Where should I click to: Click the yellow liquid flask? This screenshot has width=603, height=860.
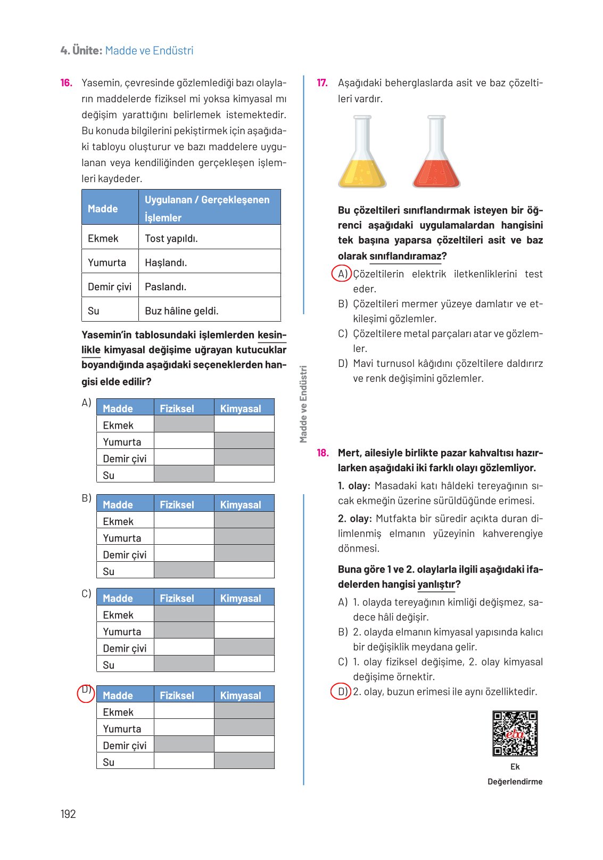pyautogui.click(x=362, y=153)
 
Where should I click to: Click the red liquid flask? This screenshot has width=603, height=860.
pyautogui.click(x=436, y=153)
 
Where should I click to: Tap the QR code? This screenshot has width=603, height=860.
pyautogui.click(x=515, y=733)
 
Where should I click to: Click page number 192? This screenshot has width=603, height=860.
pyautogui.click(x=68, y=814)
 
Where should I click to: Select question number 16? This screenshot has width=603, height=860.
pyautogui.click(x=66, y=83)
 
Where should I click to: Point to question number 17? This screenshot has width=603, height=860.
pyautogui.click(x=322, y=83)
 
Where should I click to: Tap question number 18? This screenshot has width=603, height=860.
pyautogui.click(x=323, y=453)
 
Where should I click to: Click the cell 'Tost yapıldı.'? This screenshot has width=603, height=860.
pyautogui.click(x=171, y=238)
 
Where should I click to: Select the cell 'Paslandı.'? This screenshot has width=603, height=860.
pyautogui.click(x=166, y=286)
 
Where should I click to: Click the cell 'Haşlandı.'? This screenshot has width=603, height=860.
pyautogui.click(x=166, y=263)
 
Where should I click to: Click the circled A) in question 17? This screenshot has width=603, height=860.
pyautogui.click(x=342, y=274)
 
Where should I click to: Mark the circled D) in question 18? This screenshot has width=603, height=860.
pyautogui.click(x=341, y=692)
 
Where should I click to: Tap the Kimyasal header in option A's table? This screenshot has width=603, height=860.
pyautogui.click(x=241, y=408)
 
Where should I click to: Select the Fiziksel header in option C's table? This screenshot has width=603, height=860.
pyautogui.click(x=177, y=598)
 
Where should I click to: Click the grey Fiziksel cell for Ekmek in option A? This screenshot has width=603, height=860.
pyautogui.click(x=184, y=424)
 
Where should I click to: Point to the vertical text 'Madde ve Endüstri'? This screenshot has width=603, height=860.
pyautogui.click(x=303, y=404)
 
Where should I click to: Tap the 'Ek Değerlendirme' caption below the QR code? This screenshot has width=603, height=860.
pyautogui.click(x=515, y=774)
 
